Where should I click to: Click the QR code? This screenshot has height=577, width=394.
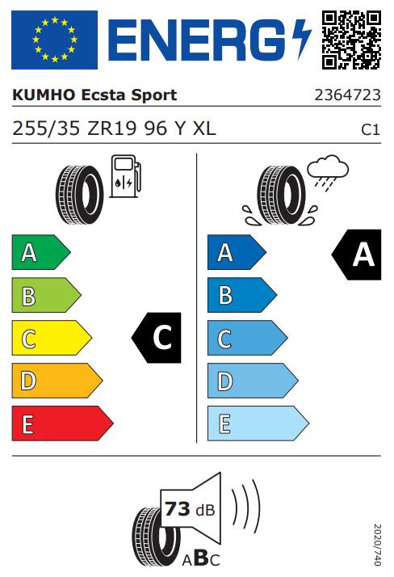(x=351, y=40)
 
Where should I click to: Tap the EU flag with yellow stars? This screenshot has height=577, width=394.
(x=54, y=40)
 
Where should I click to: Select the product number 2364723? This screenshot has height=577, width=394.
(x=347, y=95)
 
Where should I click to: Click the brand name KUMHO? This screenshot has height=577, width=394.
(x=44, y=95)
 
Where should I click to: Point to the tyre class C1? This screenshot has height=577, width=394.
(x=370, y=129)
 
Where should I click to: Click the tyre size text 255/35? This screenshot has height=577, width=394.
(x=46, y=128)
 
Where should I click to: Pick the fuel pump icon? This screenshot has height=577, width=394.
(x=125, y=176)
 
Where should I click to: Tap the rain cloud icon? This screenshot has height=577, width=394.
(x=328, y=172)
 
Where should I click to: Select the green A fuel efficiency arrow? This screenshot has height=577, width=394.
(x=41, y=252)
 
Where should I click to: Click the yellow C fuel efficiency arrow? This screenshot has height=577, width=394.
(x=52, y=338)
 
